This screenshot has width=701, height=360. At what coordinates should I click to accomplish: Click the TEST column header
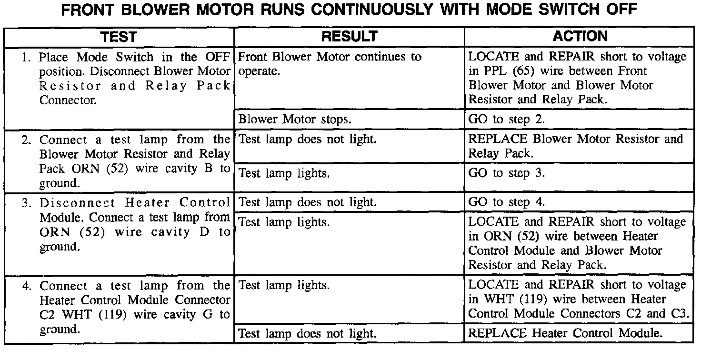(x=119, y=37)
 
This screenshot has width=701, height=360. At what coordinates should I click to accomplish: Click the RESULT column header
(x=349, y=37)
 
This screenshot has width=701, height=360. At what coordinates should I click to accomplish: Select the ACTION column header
(x=580, y=36)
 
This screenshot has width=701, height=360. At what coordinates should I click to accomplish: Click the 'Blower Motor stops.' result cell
(x=295, y=119)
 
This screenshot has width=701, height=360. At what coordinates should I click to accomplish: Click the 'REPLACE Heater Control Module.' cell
(x=565, y=333)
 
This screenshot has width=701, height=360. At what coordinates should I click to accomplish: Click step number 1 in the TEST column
(x=27, y=58)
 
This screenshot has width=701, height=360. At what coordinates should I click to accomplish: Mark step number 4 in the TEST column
(x=27, y=287)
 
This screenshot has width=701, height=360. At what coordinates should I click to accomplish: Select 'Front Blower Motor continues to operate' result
(x=329, y=64)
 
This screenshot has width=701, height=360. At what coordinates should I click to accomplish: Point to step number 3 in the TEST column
(x=27, y=203)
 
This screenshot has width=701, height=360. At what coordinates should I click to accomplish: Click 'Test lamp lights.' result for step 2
(x=284, y=173)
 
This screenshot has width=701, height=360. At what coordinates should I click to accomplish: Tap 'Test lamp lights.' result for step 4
(x=284, y=286)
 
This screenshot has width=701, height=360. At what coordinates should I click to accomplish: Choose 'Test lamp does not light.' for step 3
(x=307, y=202)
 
